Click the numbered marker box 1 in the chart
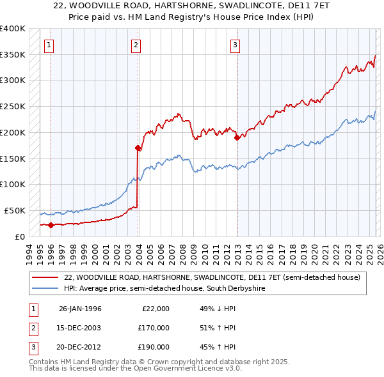pos(49,45)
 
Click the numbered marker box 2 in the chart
pos(136,45)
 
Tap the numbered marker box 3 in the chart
pos(236,45)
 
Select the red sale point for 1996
pos(51,224)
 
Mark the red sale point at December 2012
pos(237,137)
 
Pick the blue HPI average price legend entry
pos(164,289)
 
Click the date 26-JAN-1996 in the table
pos(80,309)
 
